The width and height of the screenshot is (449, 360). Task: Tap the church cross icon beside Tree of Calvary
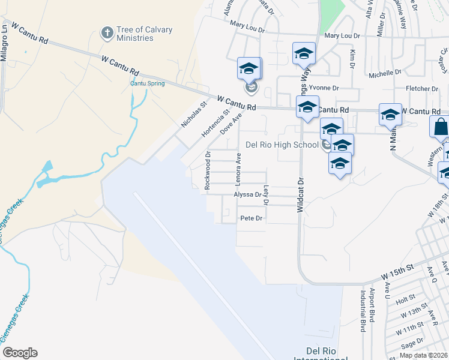107,32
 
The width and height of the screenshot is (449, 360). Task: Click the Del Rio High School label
282,145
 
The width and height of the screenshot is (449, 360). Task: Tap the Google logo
19,353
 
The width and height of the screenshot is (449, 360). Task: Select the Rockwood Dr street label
208,170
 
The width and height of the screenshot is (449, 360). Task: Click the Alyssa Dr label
248,194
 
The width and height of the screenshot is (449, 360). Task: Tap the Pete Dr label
252,218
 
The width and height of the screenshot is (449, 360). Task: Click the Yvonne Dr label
324,88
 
